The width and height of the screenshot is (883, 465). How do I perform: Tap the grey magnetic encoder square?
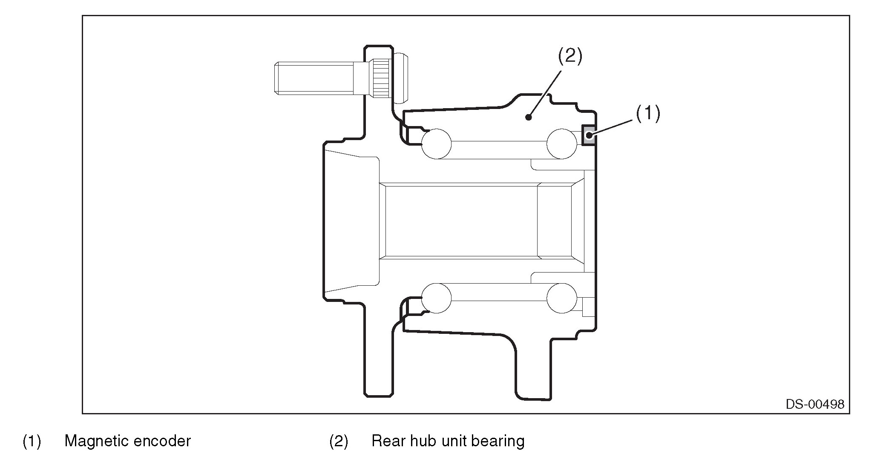[589, 135]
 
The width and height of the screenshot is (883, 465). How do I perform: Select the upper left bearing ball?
[436, 144]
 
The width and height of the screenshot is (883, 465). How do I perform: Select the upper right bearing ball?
[561, 144]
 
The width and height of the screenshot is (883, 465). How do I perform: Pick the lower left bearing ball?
[436, 298]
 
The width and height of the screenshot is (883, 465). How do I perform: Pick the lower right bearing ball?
[561, 298]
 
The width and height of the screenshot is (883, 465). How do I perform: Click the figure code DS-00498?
[815, 404]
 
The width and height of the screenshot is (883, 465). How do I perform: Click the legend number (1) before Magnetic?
[32, 441]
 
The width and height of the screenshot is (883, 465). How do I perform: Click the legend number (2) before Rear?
[339, 441]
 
